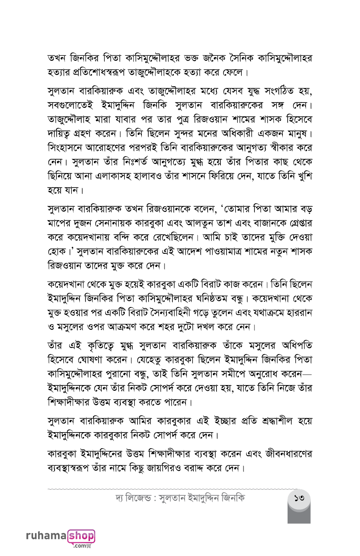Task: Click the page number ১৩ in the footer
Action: [299, 498]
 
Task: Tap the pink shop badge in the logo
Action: [82, 536]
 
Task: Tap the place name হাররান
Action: [298, 313]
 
